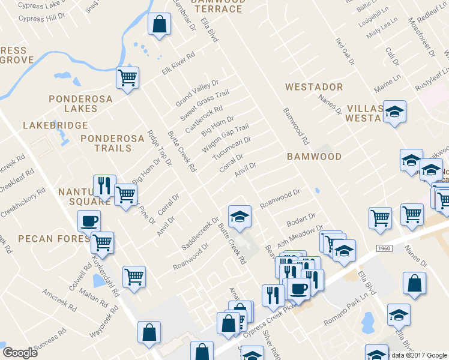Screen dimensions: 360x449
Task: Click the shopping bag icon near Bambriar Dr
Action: [158, 25]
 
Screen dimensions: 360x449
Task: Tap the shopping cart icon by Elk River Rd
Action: [127, 77]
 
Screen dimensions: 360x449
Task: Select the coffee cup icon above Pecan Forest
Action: [89, 221]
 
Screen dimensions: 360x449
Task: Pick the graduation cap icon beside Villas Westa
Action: [394, 112]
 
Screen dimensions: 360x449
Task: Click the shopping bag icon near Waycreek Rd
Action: [149, 332]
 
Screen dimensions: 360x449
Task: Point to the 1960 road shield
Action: [385, 247]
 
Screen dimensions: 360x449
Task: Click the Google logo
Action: [20, 353]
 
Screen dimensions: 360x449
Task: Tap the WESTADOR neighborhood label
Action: [314, 87]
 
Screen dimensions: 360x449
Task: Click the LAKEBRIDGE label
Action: [55, 125]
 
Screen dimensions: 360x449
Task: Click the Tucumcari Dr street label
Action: [232, 148]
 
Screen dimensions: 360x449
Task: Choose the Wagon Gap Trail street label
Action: [225, 138]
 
